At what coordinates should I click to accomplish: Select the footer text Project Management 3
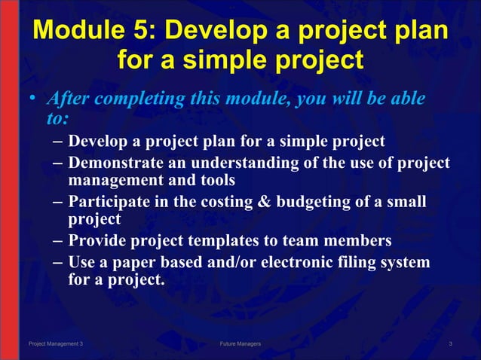tap(56, 343)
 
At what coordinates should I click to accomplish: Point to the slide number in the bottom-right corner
tap(450, 343)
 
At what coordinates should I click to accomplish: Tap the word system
tap(405, 262)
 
